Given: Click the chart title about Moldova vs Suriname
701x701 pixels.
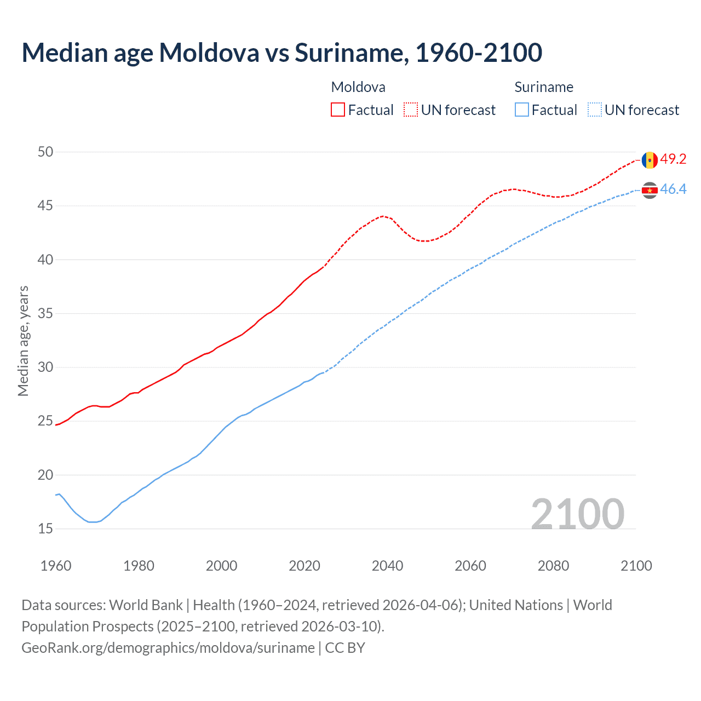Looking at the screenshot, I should [281, 53].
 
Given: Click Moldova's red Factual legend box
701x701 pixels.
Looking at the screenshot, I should [338, 110].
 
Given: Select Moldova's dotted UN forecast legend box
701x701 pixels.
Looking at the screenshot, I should [411, 110].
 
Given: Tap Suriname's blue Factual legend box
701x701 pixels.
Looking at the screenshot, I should [522, 110].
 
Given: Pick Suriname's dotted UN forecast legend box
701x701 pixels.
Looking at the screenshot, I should [595, 110].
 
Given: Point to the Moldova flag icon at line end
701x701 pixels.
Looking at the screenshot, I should [650, 160].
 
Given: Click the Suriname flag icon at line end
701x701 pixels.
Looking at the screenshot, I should [650, 190].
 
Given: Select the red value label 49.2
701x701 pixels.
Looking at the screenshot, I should [673, 159].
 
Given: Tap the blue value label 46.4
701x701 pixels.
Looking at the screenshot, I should [673, 189].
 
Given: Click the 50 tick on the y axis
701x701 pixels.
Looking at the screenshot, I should [45, 152].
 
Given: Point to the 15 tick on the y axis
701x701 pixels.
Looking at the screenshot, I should [45, 529].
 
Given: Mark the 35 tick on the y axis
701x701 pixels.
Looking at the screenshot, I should [45, 314].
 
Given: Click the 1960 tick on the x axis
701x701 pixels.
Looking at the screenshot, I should [56, 566].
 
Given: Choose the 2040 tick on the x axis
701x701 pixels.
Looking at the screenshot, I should [387, 566].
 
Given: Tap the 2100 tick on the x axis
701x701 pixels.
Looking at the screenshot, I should [636, 566].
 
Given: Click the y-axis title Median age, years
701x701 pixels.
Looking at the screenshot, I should [23, 341].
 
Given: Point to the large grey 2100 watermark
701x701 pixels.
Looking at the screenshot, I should [577, 514].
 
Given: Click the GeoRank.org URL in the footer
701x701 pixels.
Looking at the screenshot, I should [168, 648].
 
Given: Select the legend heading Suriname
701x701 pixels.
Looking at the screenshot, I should [544, 87].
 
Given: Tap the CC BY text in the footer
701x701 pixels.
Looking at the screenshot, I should [345, 648].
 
